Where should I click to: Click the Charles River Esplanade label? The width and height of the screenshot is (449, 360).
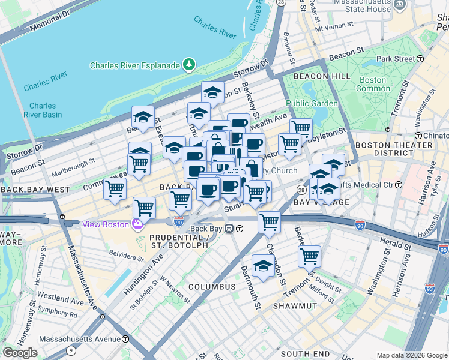[x=136, y=65]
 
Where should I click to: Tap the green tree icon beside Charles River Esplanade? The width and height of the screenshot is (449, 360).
[x=189, y=64]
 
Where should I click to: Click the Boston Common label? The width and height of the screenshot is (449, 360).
[x=373, y=84]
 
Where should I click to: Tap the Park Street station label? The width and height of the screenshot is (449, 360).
[x=396, y=59]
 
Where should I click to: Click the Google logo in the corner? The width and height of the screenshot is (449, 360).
[x=20, y=353]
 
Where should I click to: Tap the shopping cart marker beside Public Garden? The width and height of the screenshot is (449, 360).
[x=301, y=128]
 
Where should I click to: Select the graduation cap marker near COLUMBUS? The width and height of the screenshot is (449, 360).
[x=263, y=265]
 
